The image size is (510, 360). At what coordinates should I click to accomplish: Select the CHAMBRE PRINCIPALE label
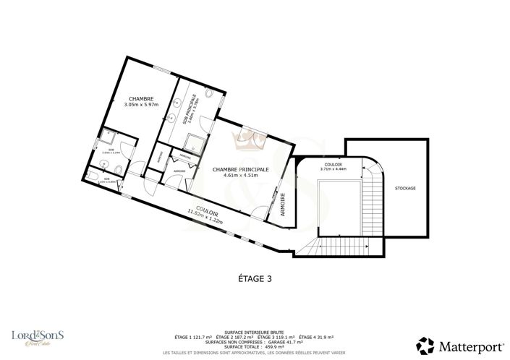pyautogui.click(x=240, y=168)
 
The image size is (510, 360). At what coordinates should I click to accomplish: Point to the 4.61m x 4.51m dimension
pyautogui.click(x=240, y=175)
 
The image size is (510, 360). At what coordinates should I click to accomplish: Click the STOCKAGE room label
pyautogui.click(x=406, y=188)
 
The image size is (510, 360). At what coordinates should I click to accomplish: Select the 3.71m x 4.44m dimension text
pyautogui.click(x=333, y=168)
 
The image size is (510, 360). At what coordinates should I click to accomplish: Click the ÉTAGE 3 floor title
pyautogui.click(x=255, y=277)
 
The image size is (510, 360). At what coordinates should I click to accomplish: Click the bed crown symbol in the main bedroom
pyautogui.click(x=255, y=135)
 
